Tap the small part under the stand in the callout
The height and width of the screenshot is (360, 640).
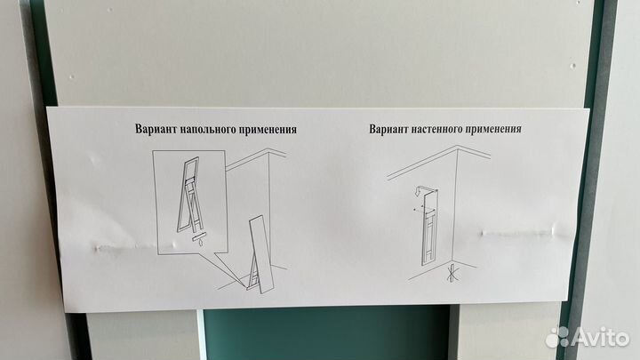201,238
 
